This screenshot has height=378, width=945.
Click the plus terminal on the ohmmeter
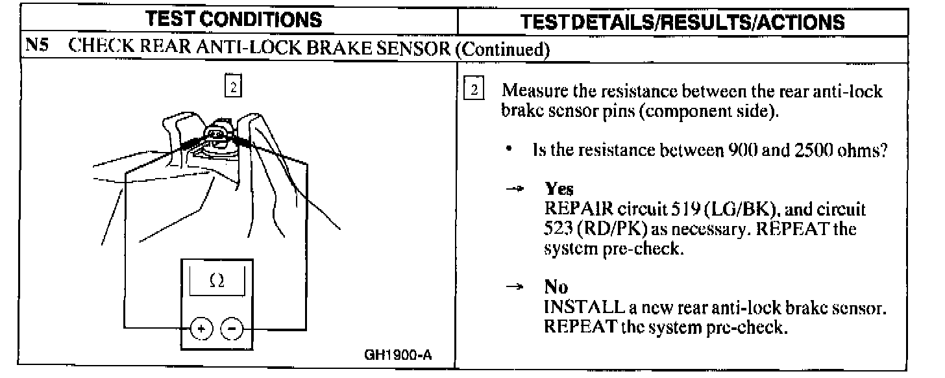click(x=202, y=329)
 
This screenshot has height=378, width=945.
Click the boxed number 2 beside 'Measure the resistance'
click(x=475, y=91)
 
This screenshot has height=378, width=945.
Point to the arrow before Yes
click(x=513, y=189)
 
